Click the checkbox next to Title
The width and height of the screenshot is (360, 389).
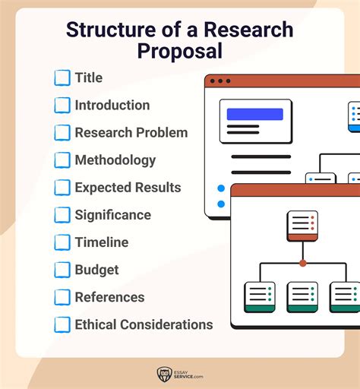[x=62, y=78]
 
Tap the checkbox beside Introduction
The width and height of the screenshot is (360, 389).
[x=62, y=106]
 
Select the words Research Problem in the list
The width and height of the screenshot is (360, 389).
[x=131, y=133]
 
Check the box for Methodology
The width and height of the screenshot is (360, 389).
[x=62, y=160]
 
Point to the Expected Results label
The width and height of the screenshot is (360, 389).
[x=128, y=188]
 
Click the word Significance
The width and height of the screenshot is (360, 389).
[x=112, y=215]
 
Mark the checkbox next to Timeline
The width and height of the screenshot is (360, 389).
[x=62, y=242]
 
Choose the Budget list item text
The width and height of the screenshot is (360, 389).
[x=97, y=270]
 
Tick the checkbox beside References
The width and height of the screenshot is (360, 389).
[x=62, y=297]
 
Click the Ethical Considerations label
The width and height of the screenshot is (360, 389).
[x=144, y=324]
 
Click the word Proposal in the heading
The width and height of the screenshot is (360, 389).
[x=180, y=52]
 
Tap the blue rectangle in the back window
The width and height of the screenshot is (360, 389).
[x=254, y=115]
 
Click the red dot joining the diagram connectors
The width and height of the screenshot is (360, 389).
[x=302, y=263]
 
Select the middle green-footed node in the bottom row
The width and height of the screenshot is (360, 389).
[x=302, y=297]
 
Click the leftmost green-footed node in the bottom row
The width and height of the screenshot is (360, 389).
[x=259, y=297]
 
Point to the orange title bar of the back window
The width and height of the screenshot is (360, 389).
[x=289, y=81]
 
